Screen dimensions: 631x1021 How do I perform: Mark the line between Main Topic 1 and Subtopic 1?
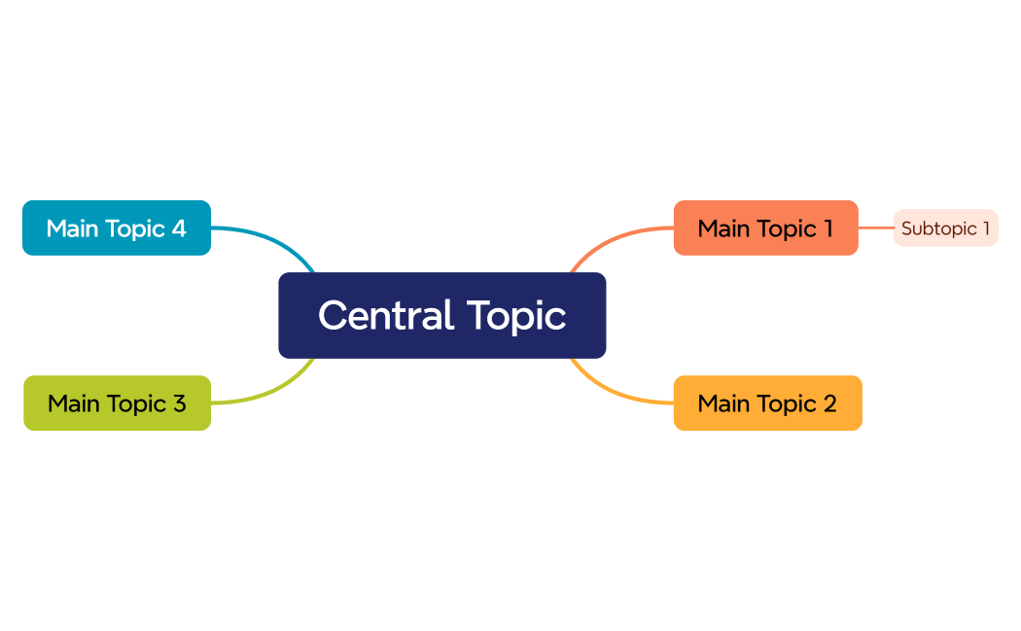pos(876,228)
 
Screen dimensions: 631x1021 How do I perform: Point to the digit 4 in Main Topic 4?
pos(179,228)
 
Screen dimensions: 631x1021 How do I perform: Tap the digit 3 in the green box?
pos(179,403)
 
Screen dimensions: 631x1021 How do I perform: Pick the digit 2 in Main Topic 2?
pos(829,403)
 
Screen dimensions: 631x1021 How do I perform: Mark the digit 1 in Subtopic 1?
pos(985,228)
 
